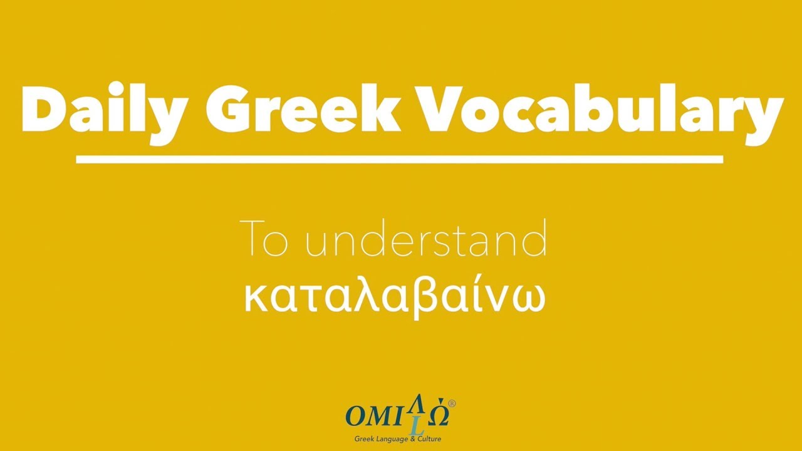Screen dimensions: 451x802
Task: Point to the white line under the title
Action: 399,160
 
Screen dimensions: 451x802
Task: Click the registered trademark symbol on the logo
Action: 452,404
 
